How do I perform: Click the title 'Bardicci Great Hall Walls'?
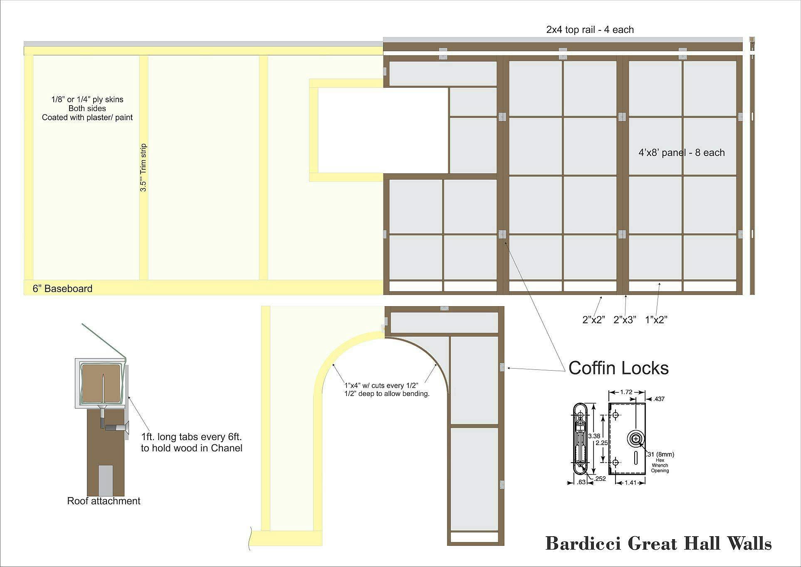click(658, 544)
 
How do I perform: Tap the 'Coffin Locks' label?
click(618, 368)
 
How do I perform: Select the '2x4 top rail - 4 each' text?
click(590, 30)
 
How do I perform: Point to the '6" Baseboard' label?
click(62, 289)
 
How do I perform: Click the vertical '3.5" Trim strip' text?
click(143, 168)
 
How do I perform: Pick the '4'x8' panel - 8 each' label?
click(682, 153)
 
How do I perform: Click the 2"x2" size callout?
click(593, 319)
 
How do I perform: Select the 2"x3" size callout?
click(625, 319)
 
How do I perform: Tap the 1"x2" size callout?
click(656, 319)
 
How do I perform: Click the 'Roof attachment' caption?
click(104, 501)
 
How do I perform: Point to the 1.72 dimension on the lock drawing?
click(626, 392)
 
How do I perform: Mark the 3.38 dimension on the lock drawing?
click(594, 436)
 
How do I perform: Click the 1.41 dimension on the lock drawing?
click(630, 483)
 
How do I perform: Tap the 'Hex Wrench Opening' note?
click(660, 465)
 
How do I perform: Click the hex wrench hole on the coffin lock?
click(636, 439)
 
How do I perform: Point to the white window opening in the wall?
click(383, 131)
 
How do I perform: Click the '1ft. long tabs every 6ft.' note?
click(191, 437)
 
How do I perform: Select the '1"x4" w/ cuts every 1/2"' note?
click(381, 385)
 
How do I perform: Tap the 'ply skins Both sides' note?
click(87, 104)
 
